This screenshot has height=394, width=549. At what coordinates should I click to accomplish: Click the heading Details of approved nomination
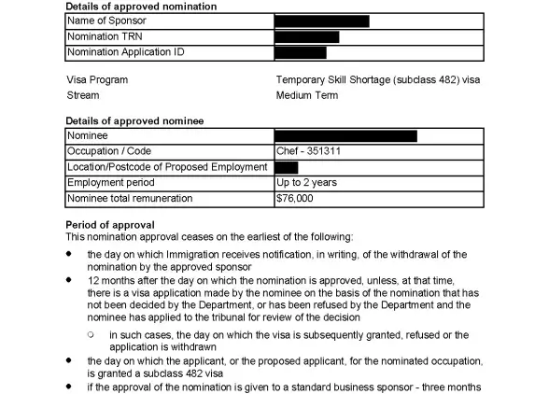pyautogui.click(x=141, y=7)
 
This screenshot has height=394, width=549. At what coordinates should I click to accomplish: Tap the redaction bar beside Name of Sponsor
pyautogui.click(x=322, y=21)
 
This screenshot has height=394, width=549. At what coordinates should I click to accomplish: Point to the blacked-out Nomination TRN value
pyautogui.click(x=307, y=37)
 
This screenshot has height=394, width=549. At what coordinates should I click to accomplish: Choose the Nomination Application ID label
pyautogui.click(x=125, y=52)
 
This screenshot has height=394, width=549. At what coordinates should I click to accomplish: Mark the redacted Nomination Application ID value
pyautogui.click(x=301, y=52)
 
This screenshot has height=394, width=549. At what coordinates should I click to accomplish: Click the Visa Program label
pyautogui.click(x=97, y=80)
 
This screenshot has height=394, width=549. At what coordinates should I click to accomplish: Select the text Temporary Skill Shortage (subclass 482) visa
pyautogui.click(x=378, y=80)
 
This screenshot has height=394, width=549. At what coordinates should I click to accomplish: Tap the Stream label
pyautogui.click(x=83, y=95)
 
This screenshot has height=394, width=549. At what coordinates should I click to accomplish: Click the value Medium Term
pyautogui.click(x=307, y=95)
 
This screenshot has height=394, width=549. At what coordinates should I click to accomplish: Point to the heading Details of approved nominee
pyautogui.click(x=134, y=121)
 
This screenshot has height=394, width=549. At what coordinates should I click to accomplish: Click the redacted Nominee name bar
pyautogui.click(x=346, y=136)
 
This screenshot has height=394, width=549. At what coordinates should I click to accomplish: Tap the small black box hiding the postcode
pyautogui.click(x=287, y=167)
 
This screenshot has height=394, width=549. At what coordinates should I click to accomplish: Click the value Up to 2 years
pyautogui.click(x=306, y=183)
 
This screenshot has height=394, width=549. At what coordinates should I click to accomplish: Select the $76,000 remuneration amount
pyautogui.click(x=295, y=199)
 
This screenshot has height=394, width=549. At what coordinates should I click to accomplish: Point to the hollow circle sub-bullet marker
pyautogui.click(x=91, y=334)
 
